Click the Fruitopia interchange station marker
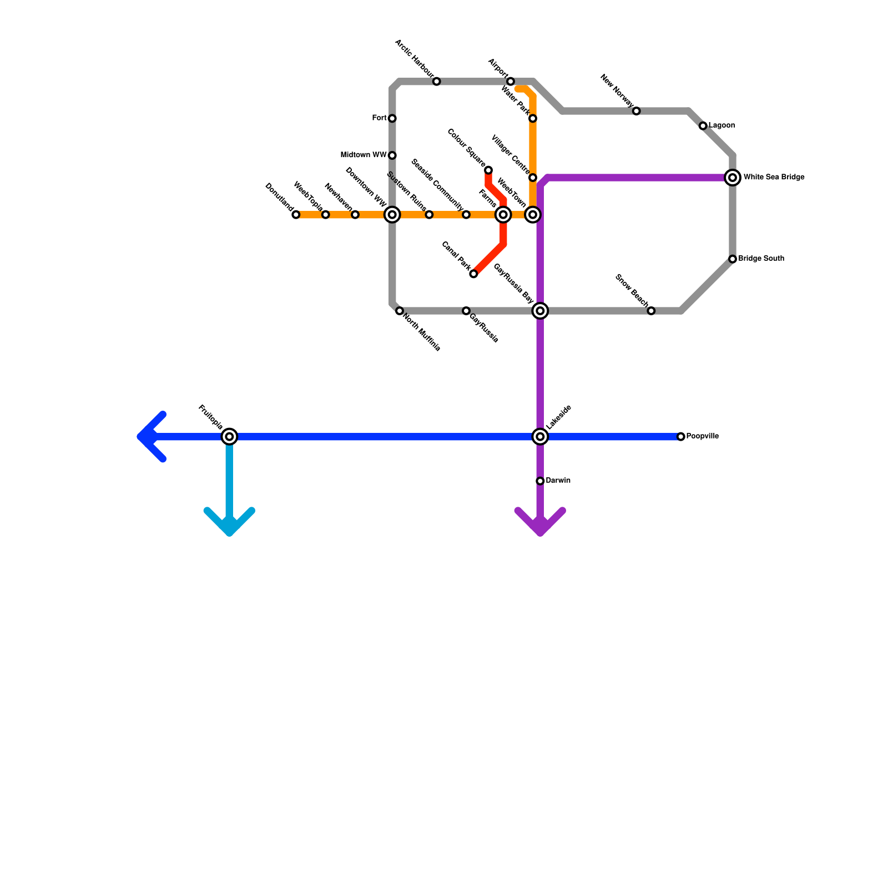(229, 437)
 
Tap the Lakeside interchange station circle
(540, 437)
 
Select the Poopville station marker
(681, 437)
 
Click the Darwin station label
(558, 481)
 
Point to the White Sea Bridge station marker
(733, 178)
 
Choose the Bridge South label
(761, 259)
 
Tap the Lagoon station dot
(703, 126)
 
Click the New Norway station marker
(637, 111)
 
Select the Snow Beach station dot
(651, 311)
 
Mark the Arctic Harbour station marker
(437, 82)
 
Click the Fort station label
(380, 118)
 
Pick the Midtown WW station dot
(392, 155)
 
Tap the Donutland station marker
(296, 215)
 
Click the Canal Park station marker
(473, 274)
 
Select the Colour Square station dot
(488, 170)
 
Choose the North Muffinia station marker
(400, 311)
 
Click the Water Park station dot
(533, 118)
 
